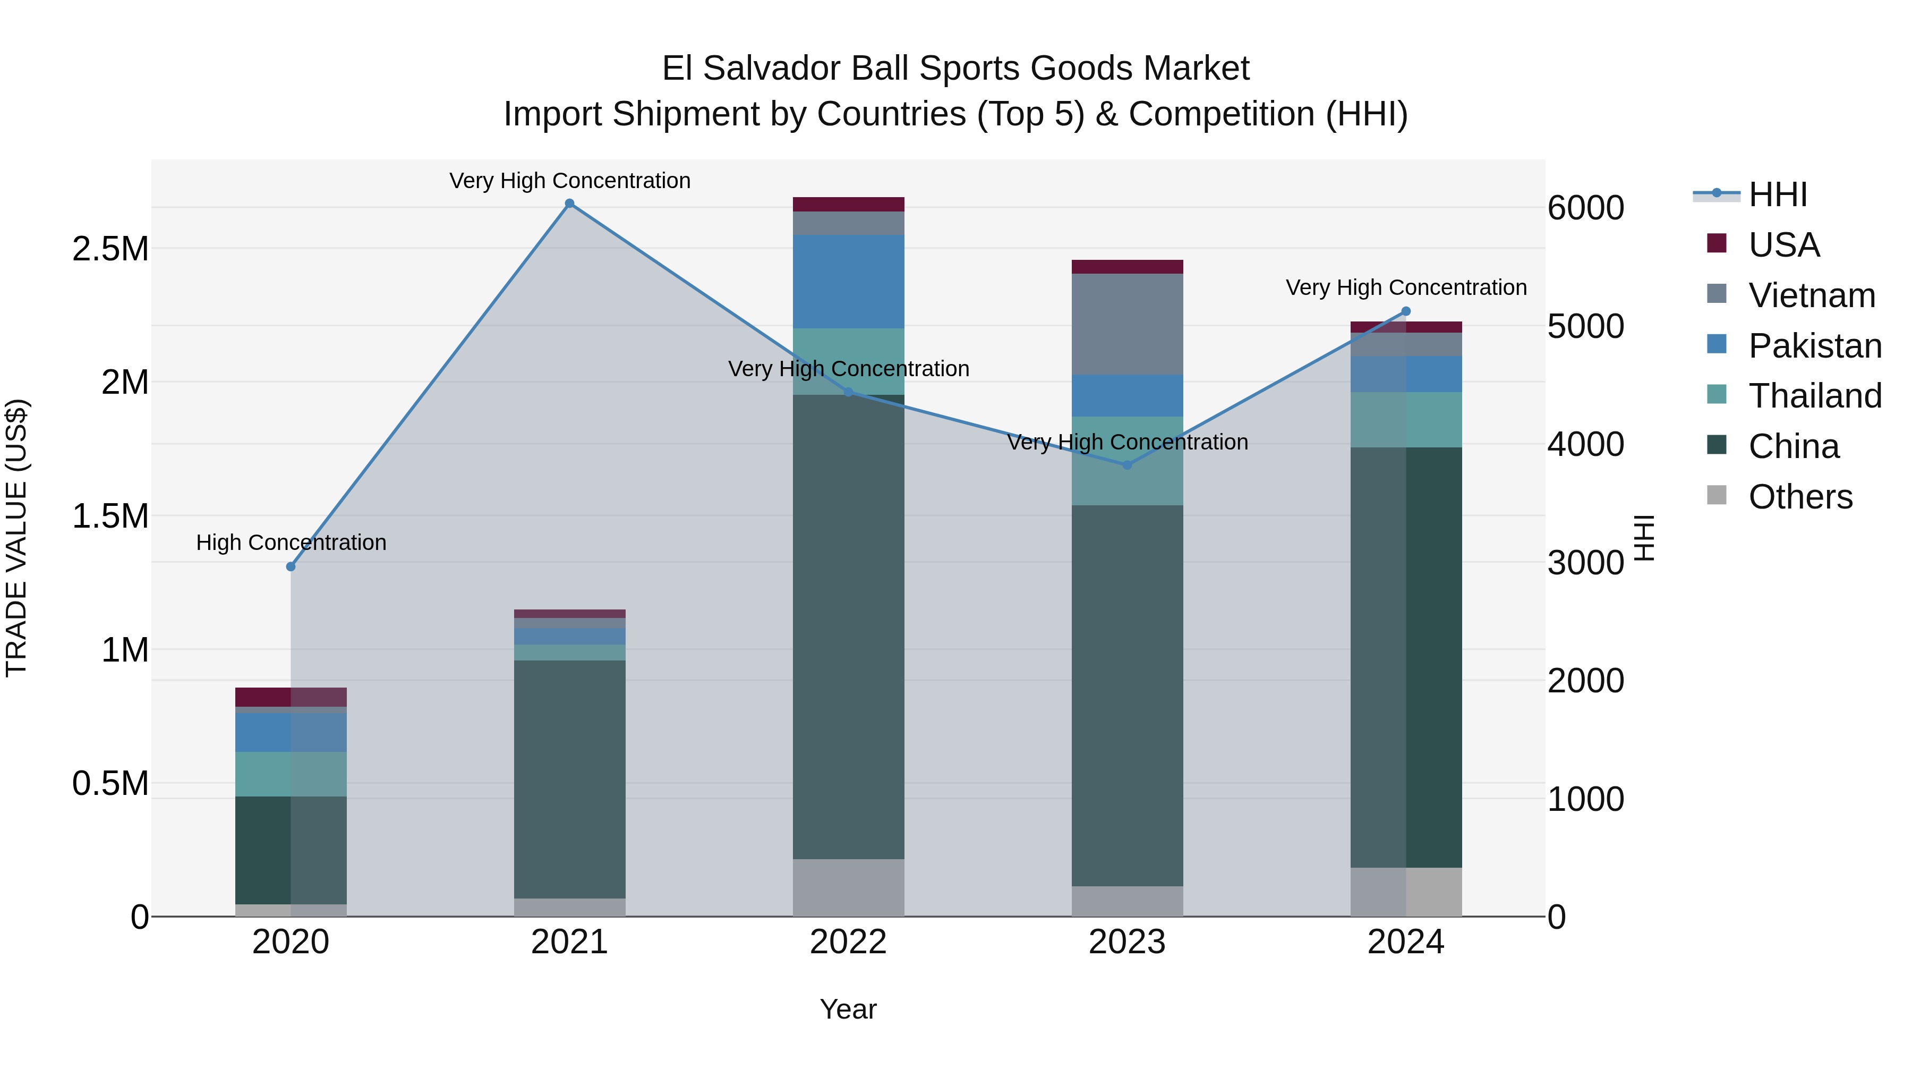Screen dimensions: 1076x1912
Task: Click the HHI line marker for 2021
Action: [x=569, y=204]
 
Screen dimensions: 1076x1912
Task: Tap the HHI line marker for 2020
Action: [x=291, y=566]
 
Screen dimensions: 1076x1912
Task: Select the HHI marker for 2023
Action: [x=1126, y=465]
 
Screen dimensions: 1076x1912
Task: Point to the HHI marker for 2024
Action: [x=1406, y=312]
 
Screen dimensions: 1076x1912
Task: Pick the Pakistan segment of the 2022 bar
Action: [x=848, y=282]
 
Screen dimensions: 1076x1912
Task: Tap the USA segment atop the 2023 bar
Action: [x=1126, y=267]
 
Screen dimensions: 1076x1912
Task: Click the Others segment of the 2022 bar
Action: [x=848, y=887]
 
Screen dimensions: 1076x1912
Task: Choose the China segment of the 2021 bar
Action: [x=569, y=780]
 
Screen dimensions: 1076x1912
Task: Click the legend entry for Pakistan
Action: [x=1814, y=345]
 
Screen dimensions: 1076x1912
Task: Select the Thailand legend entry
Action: [x=1814, y=396]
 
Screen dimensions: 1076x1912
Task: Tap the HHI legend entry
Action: [x=1777, y=194]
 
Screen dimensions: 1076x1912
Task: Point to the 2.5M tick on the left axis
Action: [x=110, y=249]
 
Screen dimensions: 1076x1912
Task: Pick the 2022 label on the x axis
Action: [x=848, y=942]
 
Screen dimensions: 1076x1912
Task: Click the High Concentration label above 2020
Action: [x=291, y=543]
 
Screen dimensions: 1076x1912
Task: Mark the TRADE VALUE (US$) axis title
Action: [x=16, y=538]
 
